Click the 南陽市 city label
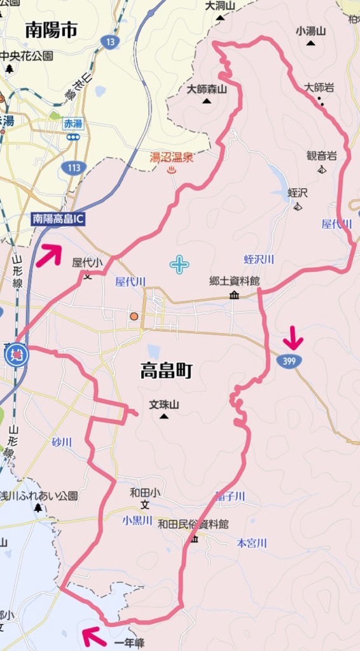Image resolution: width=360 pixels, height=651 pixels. click(52, 30)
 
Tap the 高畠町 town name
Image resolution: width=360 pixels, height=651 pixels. click(166, 371)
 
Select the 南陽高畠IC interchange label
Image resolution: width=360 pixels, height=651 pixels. click(59, 219)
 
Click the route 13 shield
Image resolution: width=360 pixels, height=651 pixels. click(110, 42)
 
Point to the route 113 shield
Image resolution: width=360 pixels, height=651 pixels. click(74, 167)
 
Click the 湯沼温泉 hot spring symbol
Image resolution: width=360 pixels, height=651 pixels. click(170, 170)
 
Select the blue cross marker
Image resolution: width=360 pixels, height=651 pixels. click(179, 264)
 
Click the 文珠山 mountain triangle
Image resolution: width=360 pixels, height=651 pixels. click(164, 416)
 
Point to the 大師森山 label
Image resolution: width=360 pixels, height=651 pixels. click(207, 90)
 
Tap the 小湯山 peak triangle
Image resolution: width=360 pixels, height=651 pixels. click(310, 43)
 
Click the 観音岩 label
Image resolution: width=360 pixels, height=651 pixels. click(321, 155)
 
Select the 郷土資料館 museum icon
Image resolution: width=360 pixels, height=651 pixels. click(234, 294)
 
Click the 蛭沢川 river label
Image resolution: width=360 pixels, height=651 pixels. click(259, 259)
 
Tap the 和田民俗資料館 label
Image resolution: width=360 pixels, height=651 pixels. click(193, 524)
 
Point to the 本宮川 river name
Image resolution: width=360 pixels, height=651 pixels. click(252, 543)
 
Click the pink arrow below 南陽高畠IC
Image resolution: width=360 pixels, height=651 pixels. click(51, 254)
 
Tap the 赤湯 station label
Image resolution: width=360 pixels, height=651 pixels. click(73, 124)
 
